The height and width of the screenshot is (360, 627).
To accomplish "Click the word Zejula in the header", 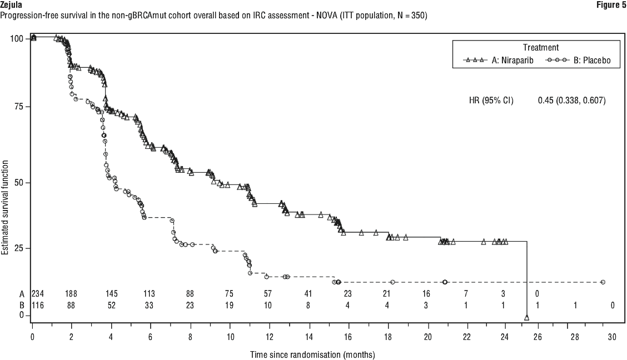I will click(12, 4).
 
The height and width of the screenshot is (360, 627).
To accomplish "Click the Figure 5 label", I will click(611, 4).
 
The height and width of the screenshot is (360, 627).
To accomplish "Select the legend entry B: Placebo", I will click(589, 61).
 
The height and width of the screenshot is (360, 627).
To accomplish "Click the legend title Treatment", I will click(540, 48).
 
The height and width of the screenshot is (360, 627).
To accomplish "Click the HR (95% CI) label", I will click(491, 101).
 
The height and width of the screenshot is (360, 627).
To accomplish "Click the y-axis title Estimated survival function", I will click(5, 208).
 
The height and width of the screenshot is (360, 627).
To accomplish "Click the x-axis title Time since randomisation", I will click(312, 354).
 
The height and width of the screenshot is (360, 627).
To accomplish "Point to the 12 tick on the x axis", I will click(269, 337).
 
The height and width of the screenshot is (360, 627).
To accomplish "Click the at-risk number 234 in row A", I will click(38, 294).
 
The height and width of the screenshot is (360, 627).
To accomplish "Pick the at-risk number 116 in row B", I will click(38, 305).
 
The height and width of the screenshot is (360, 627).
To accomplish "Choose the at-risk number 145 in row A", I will click(111, 294).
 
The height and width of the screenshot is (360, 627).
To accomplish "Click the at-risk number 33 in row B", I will click(150, 305).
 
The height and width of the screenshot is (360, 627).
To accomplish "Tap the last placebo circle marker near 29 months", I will click(603, 282).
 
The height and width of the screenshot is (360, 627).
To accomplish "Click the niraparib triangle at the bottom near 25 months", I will click(526, 318).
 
